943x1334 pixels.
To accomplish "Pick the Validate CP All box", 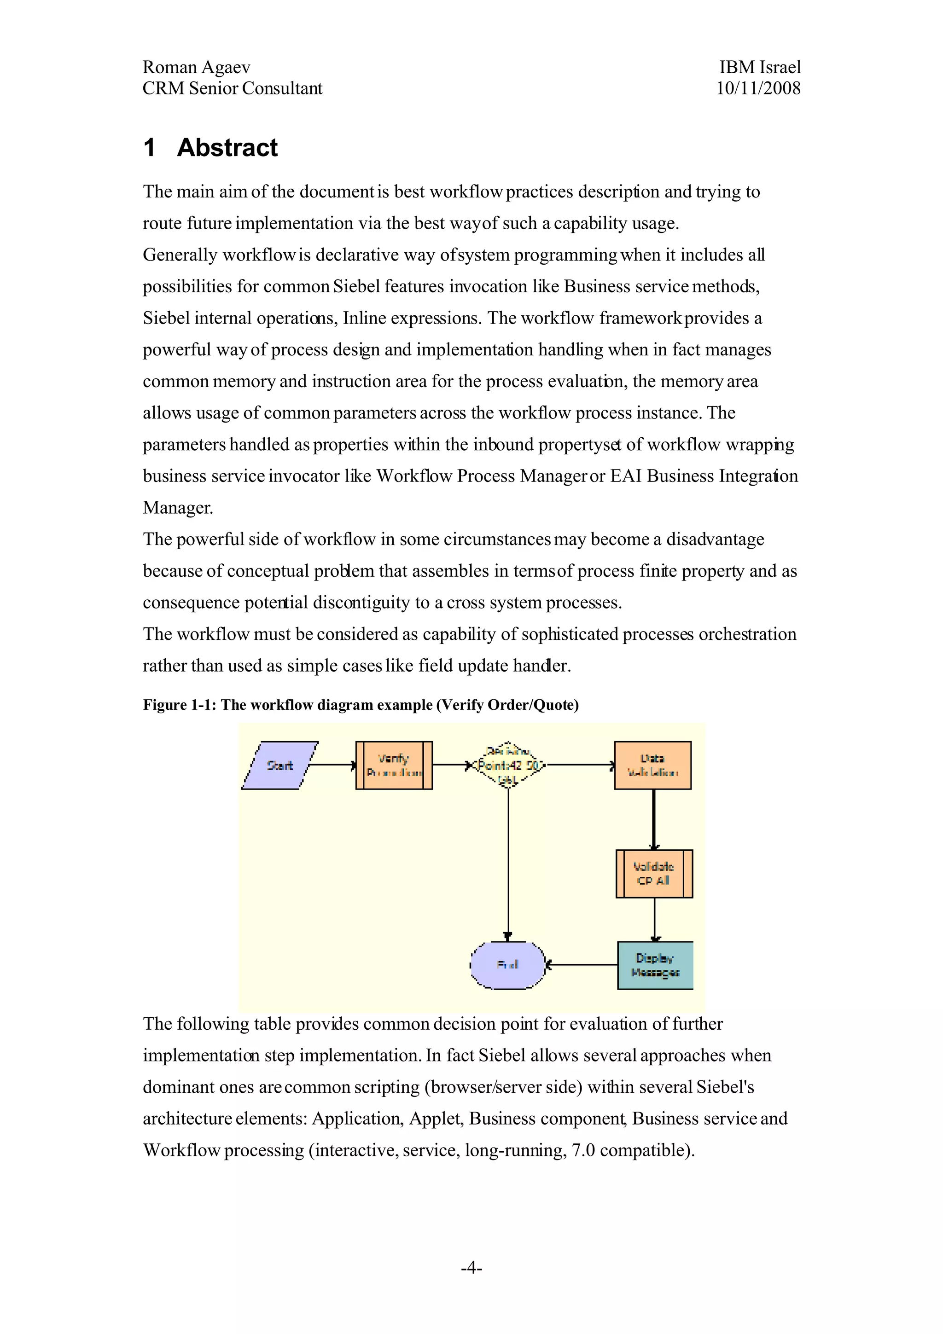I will [x=654, y=873].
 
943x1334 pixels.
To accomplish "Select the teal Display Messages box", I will [x=655, y=965].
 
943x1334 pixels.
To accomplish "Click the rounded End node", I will [x=507, y=965].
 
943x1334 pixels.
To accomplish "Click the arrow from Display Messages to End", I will [x=581, y=965].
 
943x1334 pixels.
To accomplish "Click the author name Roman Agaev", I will [x=197, y=67].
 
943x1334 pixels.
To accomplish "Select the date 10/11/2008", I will [x=758, y=88].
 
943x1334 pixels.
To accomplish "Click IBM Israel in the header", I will [x=759, y=67].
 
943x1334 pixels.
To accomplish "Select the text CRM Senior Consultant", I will [x=233, y=88].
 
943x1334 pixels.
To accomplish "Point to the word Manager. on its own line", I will [x=178, y=508].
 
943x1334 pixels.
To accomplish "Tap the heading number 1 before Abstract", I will [x=149, y=148].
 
